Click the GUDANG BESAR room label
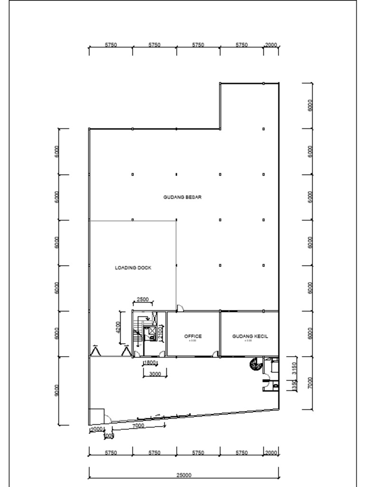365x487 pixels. (x=182, y=197)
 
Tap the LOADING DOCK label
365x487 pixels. (x=133, y=268)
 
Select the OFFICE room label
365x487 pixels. (x=193, y=336)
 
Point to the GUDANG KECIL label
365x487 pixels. (x=250, y=336)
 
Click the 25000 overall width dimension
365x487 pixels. (x=184, y=475)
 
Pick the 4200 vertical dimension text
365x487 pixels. (x=118, y=327)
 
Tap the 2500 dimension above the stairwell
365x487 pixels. (x=143, y=300)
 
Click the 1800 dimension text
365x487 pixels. (x=150, y=363)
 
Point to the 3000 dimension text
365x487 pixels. (x=155, y=374)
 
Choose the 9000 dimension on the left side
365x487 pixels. (x=58, y=390)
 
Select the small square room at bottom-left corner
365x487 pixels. (x=96, y=416)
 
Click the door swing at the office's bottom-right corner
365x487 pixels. (x=215, y=354)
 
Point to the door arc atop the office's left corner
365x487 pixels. (x=180, y=308)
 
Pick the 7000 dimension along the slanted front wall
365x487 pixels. (x=138, y=426)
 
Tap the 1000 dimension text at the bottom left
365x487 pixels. (x=108, y=436)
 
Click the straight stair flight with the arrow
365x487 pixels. (x=138, y=333)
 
